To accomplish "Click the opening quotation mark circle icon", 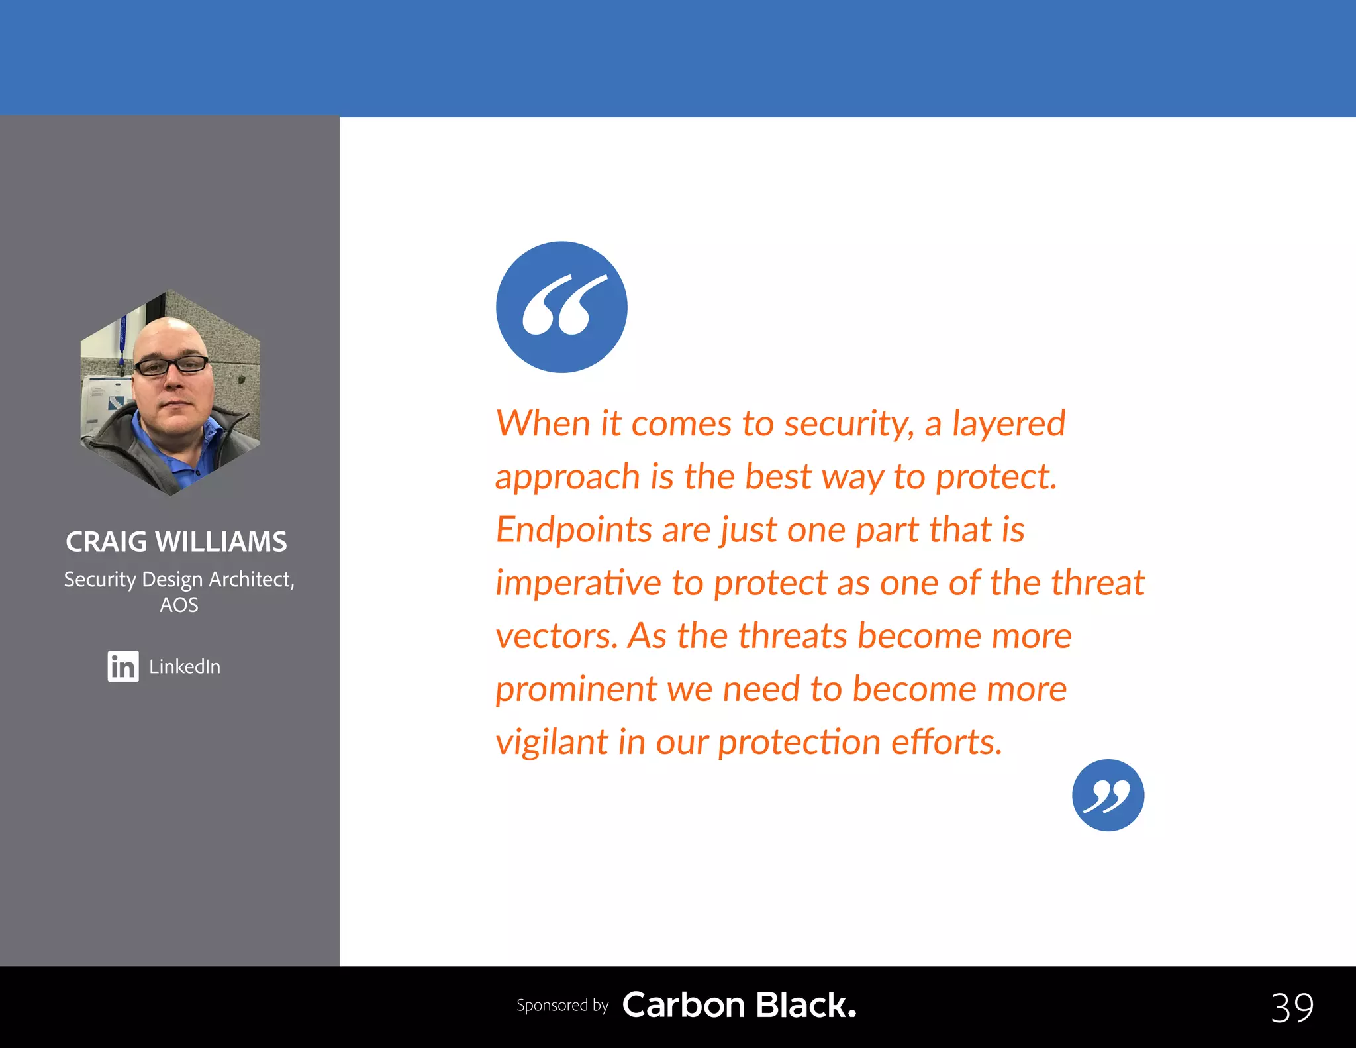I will coord(561,307).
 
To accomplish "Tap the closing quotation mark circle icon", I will coord(1108,795).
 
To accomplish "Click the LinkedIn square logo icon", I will coord(123,666).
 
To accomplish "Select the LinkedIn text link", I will coord(185,666).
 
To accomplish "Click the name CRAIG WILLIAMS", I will coord(176,542).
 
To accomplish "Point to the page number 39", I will coord(1292,1008).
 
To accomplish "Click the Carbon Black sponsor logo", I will coord(739,1005).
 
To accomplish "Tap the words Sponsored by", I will coord(562,1005).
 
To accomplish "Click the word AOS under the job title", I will coord(179,605).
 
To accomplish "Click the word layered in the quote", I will coord(1008,424).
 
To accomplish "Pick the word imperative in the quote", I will coord(578,583).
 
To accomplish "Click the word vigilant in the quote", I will coord(552,743).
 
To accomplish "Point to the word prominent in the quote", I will coord(575,690).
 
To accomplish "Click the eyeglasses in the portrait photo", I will coord(171,365).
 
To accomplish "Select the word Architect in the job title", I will coord(251,579).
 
